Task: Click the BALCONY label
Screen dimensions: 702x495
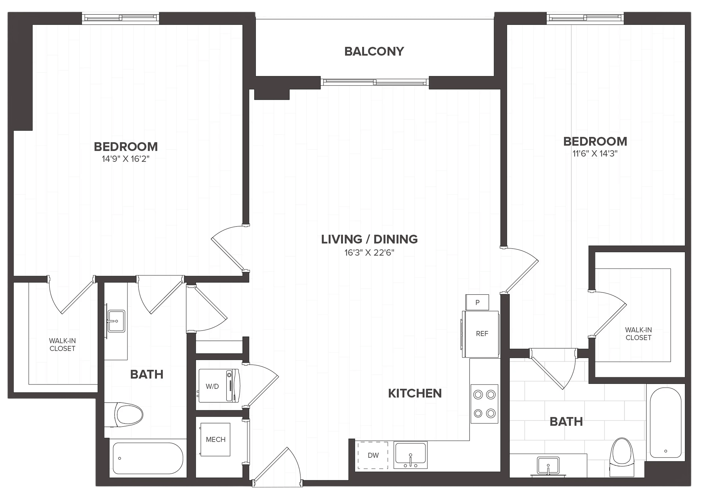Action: (x=374, y=51)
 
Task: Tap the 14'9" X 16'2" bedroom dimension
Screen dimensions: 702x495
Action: (x=126, y=159)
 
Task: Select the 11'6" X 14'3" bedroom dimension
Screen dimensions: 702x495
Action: (x=595, y=153)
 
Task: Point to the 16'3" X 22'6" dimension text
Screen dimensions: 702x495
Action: (x=369, y=253)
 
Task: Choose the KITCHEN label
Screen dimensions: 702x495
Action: (x=415, y=393)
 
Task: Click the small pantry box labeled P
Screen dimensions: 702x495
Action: (x=477, y=302)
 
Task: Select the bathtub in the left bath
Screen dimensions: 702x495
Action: (x=148, y=458)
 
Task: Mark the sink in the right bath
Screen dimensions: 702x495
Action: (x=548, y=466)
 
